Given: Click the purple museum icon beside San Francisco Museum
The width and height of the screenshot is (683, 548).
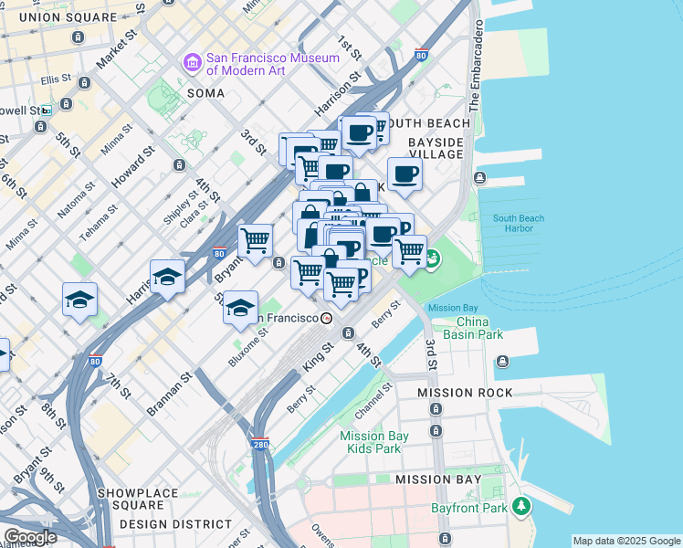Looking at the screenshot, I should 193,63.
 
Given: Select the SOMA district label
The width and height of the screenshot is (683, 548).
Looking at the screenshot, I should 205,93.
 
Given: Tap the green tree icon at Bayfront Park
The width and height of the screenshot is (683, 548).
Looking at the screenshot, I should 520,505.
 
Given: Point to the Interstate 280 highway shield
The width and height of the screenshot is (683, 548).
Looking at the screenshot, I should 260,445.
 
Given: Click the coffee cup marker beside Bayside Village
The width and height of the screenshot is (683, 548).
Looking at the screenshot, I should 405,174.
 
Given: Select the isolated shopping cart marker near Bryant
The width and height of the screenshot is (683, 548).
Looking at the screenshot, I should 255,240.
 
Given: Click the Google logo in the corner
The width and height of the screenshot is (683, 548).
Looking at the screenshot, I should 29,537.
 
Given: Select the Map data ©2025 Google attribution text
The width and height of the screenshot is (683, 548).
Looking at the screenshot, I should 625,541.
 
